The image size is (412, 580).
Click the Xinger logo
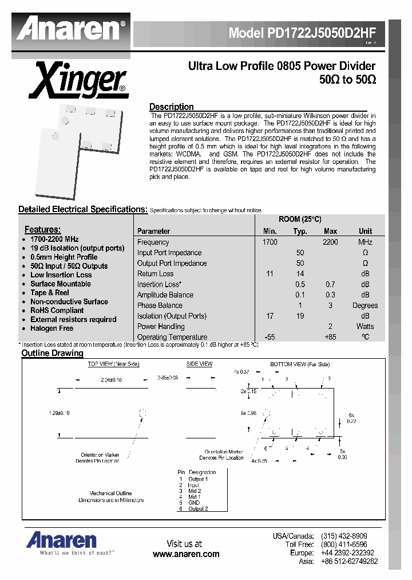tap(79, 81)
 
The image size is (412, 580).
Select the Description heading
tap(171, 107)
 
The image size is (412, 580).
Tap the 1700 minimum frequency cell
tap(270, 242)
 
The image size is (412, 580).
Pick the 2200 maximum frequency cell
tap(330, 242)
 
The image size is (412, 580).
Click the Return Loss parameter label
tap(155, 274)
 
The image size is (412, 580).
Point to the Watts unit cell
tap(365, 327)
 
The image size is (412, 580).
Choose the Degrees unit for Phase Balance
tap(365, 305)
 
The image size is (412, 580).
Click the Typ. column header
tap(300, 232)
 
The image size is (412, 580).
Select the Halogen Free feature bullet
tap(51, 328)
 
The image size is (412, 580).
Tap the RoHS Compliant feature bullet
tap(57, 311)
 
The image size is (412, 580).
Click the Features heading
tap(42, 229)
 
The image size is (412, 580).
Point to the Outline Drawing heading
tap(52, 354)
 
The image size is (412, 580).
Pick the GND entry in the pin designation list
tap(194, 503)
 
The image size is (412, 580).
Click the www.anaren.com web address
tap(186, 554)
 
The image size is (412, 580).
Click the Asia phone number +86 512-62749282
tap(349, 562)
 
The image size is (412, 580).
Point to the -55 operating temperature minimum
tap(270, 338)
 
